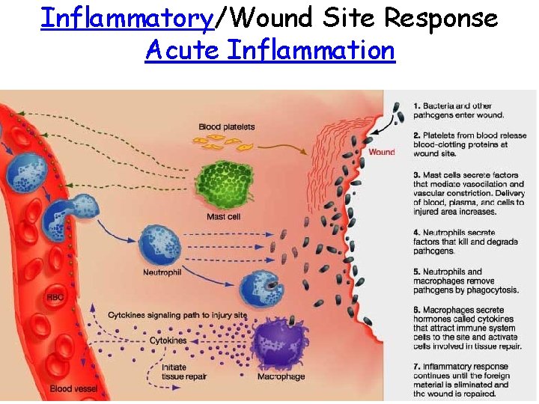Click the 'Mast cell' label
click(x=223, y=217)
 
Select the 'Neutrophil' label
click(x=162, y=272)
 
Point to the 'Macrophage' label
click(x=281, y=376)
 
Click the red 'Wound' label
click(x=382, y=153)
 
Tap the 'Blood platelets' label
click(x=226, y=127)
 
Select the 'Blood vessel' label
click(x=72, y=389)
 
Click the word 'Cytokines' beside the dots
click(x=168, y=340)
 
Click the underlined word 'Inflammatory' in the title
click(x=127, y=18)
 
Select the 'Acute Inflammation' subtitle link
click(x=269, y=51)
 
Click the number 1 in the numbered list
click(x=416, y=105)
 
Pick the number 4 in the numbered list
click(x=416, y=232)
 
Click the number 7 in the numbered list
click(x=416, y=367)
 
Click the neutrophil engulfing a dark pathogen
click(x=261, y=290)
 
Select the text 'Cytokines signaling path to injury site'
click(x=177, y=315)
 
